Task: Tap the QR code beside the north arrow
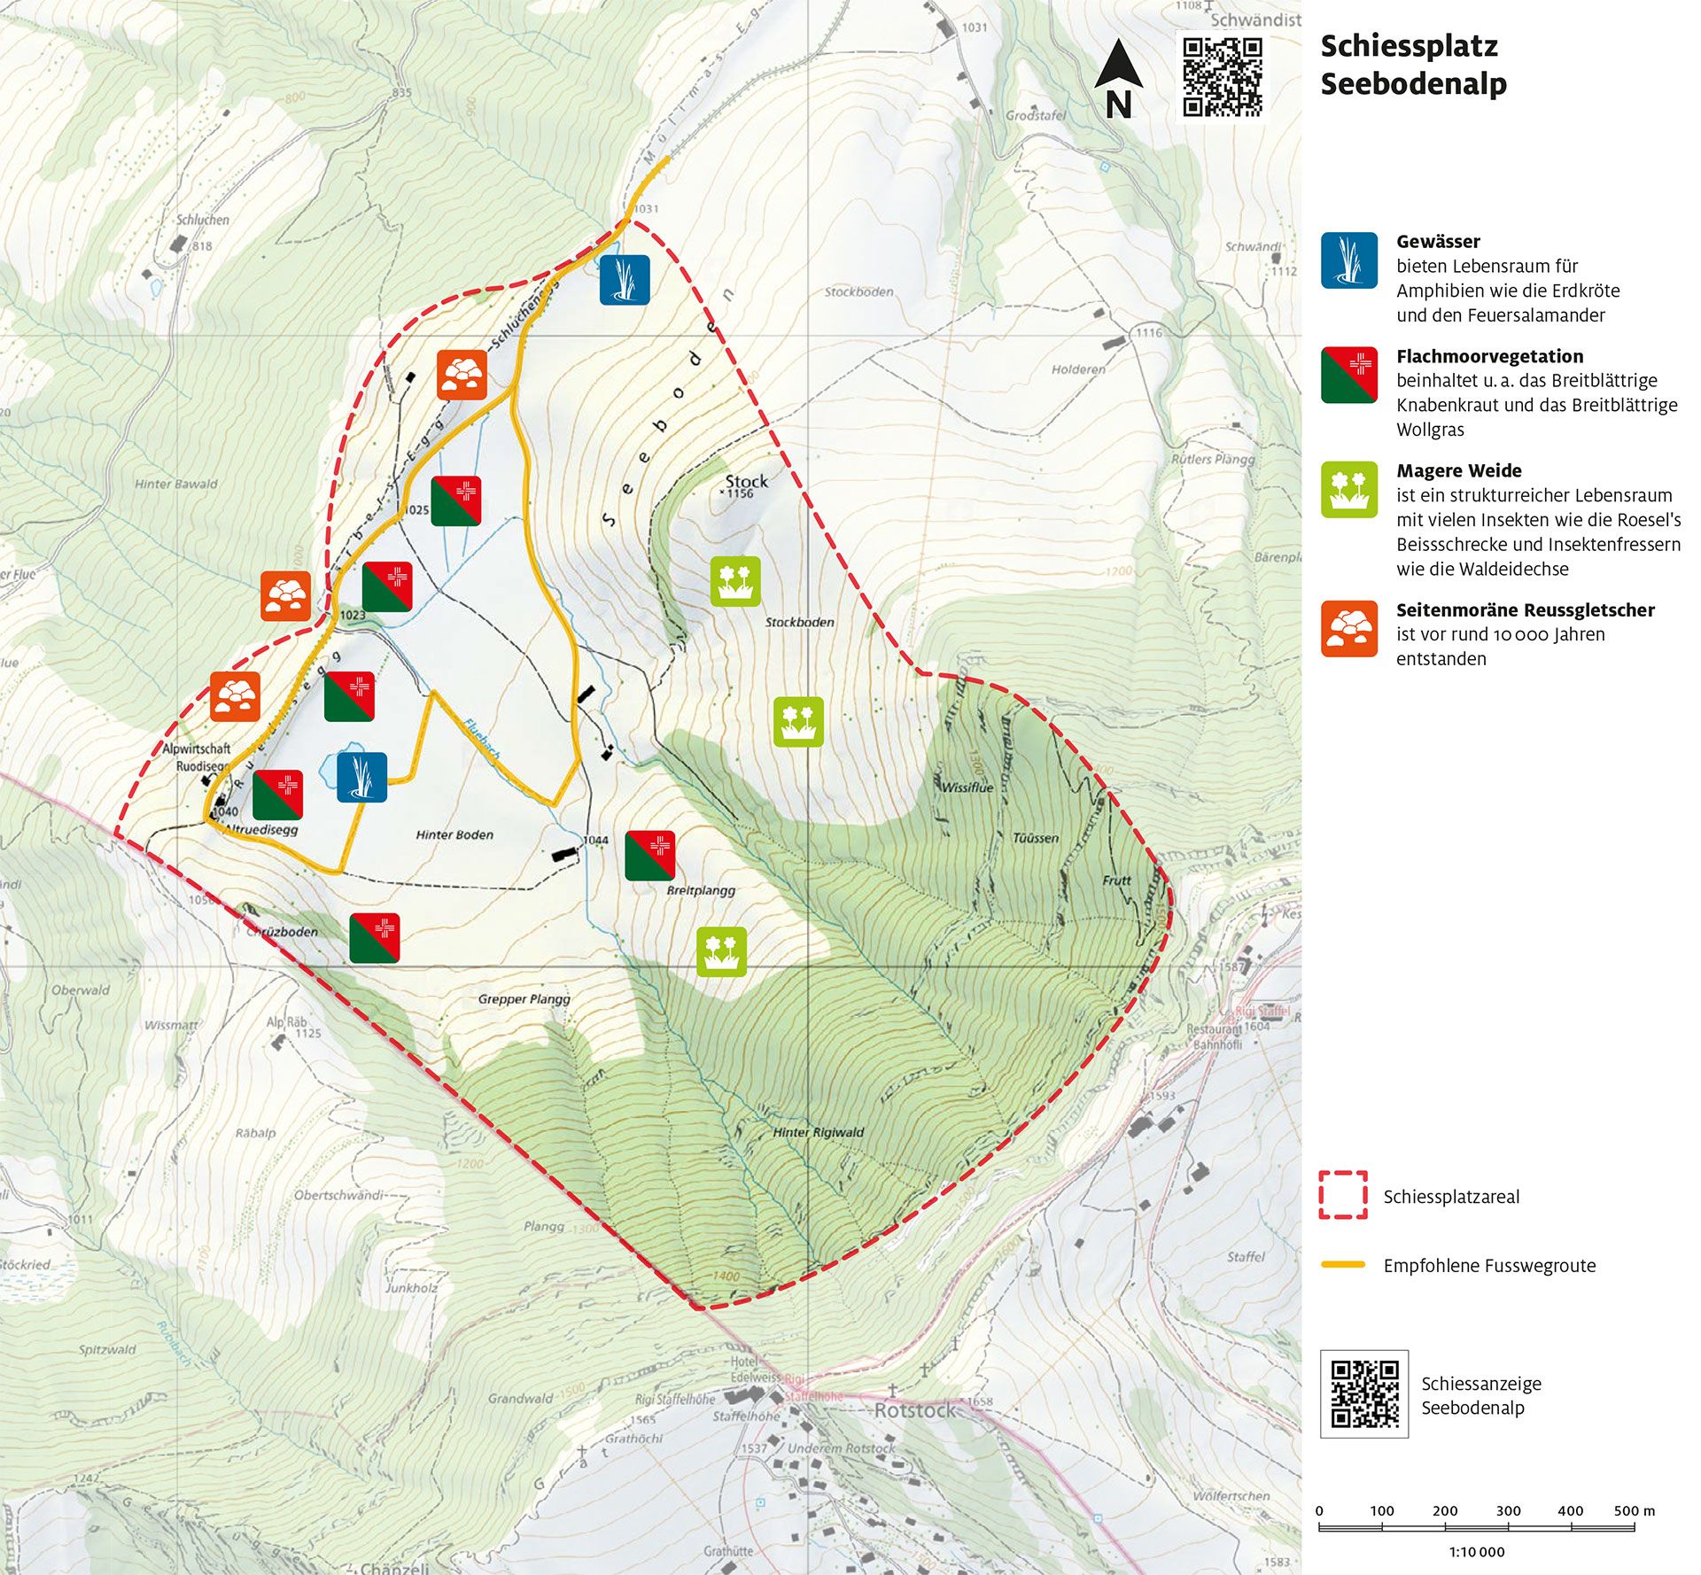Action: tap(1223, 76)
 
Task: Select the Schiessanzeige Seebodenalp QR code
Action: tap(1364, 1393)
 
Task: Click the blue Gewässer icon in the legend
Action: tap(1348, 260)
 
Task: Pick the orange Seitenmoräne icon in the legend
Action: tap(1348, 629)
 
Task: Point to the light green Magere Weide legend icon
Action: tap(1348, 489)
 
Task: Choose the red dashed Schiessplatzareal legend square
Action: tap(1343, 1195)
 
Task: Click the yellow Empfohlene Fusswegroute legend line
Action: tap(1343, 1265)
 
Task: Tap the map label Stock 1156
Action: tap(746, 485)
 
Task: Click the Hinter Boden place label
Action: tap(454, 834)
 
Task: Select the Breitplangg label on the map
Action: tap(701, 890)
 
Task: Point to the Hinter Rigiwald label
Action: tap(818, 1132)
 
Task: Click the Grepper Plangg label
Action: tap(524, 999)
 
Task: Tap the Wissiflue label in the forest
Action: tap(967, 787)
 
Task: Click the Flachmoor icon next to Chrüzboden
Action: tap(374, 938)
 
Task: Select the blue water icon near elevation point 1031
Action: tap(625, 280)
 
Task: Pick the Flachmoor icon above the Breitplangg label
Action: tap(650, 856)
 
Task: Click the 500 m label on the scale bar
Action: tap(1634, 1510)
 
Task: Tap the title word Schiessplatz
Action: tap(1409, 46)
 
